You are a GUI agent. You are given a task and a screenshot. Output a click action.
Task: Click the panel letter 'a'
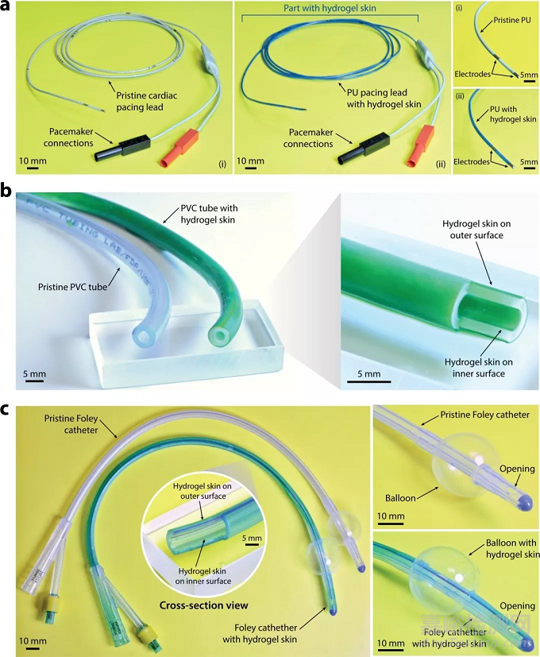tap(7, 8)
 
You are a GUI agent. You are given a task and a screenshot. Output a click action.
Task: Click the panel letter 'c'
tap(7, 411)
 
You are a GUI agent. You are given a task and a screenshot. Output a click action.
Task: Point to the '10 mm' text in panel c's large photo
tap(33, 640)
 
